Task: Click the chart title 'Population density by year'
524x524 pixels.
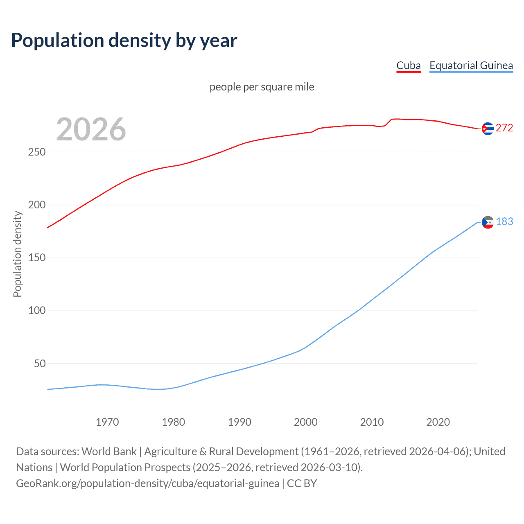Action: pos(124,41)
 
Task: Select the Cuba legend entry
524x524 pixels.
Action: pos(408,65)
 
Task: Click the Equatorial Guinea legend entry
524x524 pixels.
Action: pos(471,65)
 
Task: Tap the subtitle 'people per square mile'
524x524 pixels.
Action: pos(262,87)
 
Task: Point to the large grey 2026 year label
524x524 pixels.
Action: pos(91,129)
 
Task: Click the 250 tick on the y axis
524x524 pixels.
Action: pos(37,152)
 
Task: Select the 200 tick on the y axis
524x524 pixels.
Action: pos(37,205)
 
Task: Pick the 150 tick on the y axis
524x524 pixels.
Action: pos(37,257)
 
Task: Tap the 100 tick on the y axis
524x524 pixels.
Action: pos(37,310)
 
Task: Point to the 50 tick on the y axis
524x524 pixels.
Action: pos(40,364)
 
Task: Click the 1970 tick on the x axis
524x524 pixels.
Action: pos(107,422)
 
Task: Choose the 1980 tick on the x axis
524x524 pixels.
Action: pos(173,422)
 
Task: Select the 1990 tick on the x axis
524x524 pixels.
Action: pos(239,422)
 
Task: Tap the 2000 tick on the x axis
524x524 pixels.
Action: pos(306,422)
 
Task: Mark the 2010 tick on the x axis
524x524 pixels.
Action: pos(372,422)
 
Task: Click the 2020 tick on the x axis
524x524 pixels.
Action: pos(438,422)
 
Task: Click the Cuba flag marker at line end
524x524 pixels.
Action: pos(487,129)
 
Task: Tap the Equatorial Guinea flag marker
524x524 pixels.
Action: pos(488,222)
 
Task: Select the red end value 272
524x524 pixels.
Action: pos(504,128)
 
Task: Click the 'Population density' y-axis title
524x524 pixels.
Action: pos(17,254)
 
